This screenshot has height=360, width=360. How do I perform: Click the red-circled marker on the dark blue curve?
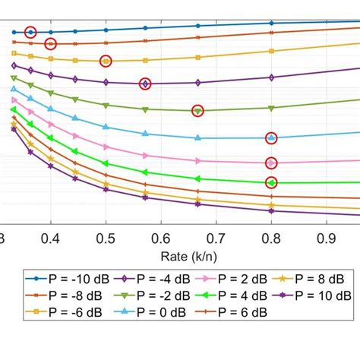30,32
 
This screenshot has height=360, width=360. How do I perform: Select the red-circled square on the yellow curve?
106,61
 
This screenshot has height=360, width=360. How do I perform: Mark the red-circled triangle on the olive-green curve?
197,111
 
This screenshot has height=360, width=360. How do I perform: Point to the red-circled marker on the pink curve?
271,163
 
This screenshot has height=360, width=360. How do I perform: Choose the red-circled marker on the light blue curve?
271,137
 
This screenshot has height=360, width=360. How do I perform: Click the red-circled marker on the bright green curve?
271,182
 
